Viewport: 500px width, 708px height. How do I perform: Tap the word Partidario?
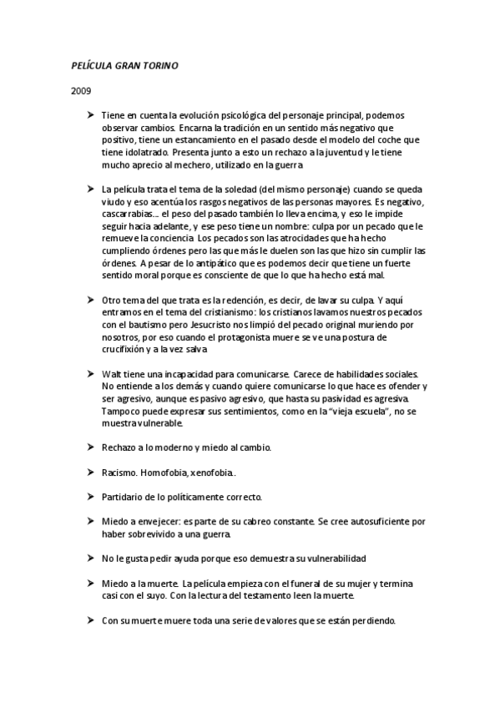(x=125, y=496)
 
